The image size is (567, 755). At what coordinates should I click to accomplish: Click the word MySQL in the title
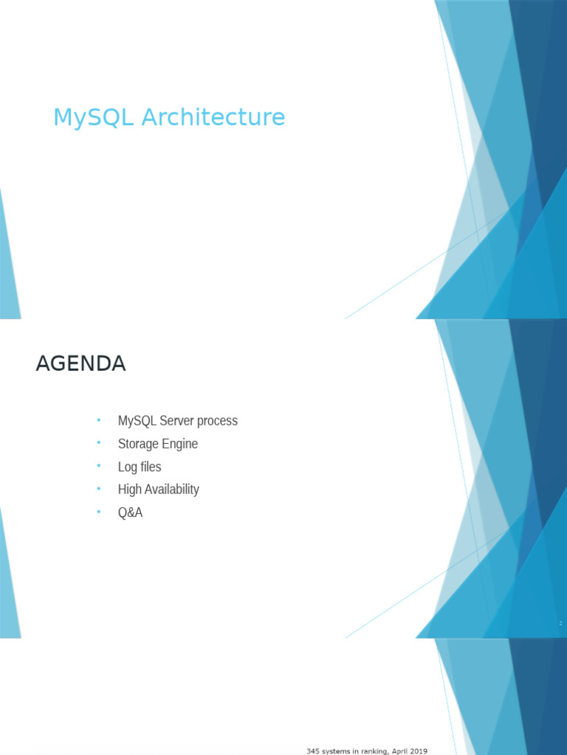click(93, 118)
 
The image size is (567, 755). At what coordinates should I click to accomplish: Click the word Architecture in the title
click(213, 117)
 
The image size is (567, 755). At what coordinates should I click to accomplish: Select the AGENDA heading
click(81, 363)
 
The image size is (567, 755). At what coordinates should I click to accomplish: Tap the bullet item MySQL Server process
click(177, 421)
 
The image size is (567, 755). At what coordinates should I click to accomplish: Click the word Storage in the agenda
click(136, 444)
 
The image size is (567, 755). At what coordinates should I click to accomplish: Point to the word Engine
click(177, 444)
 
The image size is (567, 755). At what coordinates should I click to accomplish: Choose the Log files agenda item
click(140, 467)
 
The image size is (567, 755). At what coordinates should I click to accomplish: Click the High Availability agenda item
click(159, 490)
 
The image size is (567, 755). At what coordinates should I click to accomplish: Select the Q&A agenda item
click(130, 512)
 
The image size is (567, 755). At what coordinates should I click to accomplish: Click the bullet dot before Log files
click(99, 466)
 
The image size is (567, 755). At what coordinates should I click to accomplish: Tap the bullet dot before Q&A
click(99, 512)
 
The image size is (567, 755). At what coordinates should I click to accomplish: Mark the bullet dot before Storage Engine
click(99, 443)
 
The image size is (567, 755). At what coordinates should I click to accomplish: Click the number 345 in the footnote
click(313, 751)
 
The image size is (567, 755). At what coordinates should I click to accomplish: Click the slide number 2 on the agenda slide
click(560, 623)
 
